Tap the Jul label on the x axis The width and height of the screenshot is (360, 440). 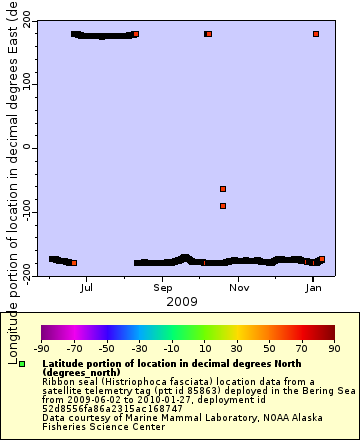[87, 288]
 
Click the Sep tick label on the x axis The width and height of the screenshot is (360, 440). [163, 288]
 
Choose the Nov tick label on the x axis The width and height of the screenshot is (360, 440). [238, 288]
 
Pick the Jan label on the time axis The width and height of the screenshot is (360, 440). [313, 288]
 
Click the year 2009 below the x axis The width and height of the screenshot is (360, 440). [181, 301]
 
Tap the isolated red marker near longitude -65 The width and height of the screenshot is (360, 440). [223, 188]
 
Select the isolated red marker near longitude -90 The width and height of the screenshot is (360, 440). [223, 206]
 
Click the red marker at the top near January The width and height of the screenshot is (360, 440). [316, 34]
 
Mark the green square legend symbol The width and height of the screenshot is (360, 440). [22, 365]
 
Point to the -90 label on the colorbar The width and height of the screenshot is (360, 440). [41, 349]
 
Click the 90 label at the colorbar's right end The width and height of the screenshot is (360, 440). [333, 349]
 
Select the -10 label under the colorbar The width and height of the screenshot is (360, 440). [171, 349]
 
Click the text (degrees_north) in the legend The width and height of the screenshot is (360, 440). [76, 372]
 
